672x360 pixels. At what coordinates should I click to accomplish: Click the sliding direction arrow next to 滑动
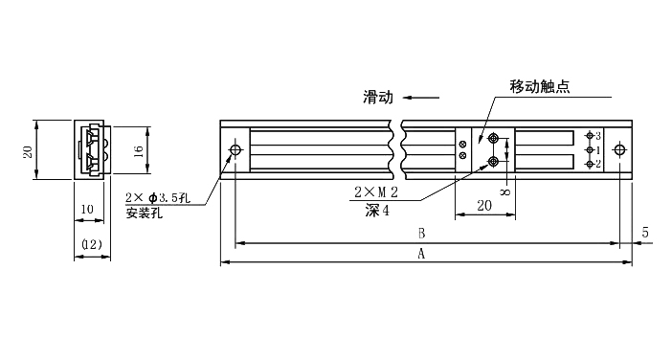tap(421, 96)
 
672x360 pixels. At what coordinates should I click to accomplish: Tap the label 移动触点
tap(539, 86)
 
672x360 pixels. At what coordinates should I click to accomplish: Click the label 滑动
tap(377, 96)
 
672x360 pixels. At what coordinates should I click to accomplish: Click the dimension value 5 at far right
tap(646, 233)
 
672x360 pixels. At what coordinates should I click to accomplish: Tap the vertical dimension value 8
tap(504, 192)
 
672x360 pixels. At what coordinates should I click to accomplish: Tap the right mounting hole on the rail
tap(620, 150)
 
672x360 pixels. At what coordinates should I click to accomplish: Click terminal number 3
tap(598, 136)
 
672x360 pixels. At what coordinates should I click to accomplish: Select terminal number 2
tap(598, 164)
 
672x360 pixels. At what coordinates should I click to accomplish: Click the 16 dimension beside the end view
tap(138, 150)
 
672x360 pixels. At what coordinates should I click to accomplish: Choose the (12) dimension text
tap(92, 245)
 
